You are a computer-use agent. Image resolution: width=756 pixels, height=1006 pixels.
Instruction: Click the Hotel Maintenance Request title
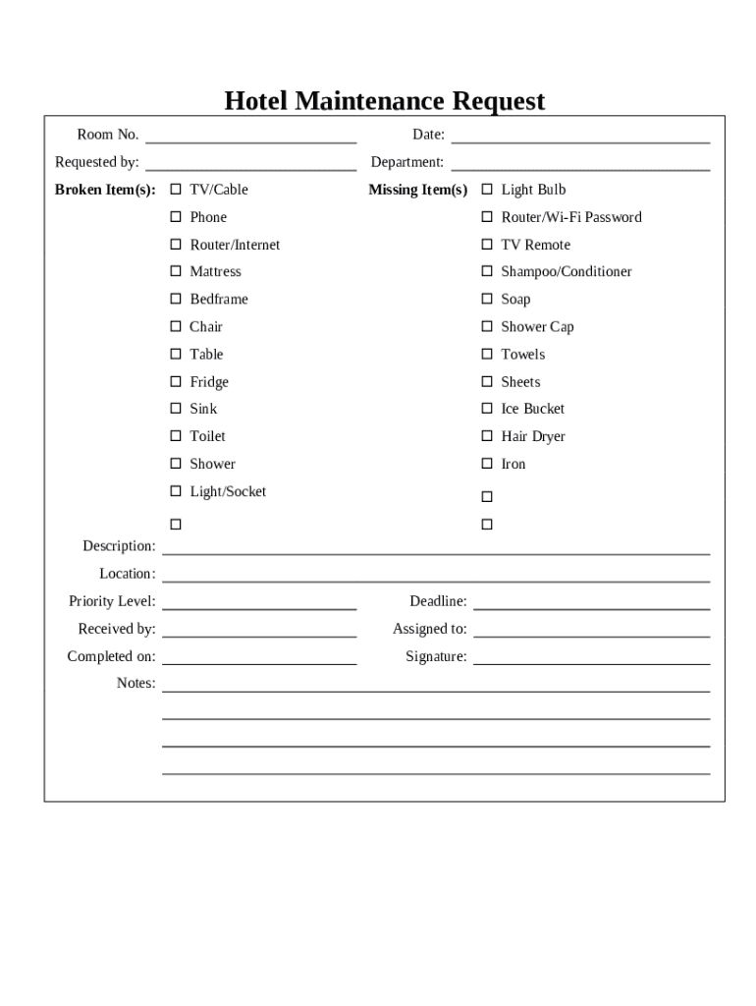384,101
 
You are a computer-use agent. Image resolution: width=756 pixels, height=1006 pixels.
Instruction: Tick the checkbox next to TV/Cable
176,189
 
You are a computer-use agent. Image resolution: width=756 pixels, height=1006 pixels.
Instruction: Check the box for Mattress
176,271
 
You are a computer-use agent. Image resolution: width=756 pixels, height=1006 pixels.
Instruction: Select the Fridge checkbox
176,381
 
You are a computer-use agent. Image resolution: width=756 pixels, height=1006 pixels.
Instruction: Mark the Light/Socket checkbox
176,491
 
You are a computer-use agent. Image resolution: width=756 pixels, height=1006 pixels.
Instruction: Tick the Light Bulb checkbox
487,189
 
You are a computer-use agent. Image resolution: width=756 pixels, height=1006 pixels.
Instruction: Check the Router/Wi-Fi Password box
487,216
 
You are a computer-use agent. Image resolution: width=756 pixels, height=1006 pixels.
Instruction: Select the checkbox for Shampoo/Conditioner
487,271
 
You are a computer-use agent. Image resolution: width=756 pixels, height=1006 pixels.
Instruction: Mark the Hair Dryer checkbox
487,436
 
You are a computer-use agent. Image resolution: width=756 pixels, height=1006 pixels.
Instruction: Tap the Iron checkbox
487,464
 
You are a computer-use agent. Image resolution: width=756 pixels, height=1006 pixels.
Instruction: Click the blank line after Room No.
250,138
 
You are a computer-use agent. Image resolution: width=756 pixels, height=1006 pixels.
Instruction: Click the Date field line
580,138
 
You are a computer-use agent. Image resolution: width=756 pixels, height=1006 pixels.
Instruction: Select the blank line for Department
580,165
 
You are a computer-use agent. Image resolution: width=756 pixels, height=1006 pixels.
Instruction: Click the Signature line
591,659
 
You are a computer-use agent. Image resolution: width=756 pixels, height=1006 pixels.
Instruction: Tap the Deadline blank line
591,604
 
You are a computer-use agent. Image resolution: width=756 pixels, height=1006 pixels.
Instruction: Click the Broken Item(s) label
105,190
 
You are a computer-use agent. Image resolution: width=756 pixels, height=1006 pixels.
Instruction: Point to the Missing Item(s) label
417,190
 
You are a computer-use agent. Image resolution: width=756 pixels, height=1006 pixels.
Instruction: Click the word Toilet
207,436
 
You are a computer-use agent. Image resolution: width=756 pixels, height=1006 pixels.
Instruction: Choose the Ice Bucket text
532,409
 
